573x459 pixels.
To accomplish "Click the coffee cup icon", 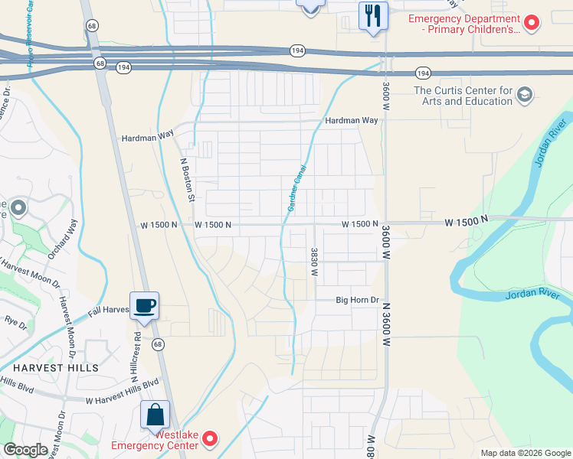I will click(x=144, y=306).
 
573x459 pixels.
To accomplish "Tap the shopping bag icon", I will click(x=155, y=415).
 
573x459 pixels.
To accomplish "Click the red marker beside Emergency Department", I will click(x=530, y=23).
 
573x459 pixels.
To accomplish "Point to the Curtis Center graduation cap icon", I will click(x=525, y=95).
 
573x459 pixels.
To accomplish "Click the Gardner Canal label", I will click(x=296, y=188).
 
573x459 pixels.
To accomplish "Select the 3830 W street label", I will click(x=314, y=262).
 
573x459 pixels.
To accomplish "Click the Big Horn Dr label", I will click(x=358, y=301).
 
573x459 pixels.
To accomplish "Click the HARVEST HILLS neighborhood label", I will click(x=49, y=368).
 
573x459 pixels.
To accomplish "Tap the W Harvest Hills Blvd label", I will click(x=122, y=390).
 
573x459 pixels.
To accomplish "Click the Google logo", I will click(x=25, y=450).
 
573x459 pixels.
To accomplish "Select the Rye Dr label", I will click(x=15, y=323).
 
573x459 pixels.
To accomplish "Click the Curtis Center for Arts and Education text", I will click(x=462, y=95).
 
